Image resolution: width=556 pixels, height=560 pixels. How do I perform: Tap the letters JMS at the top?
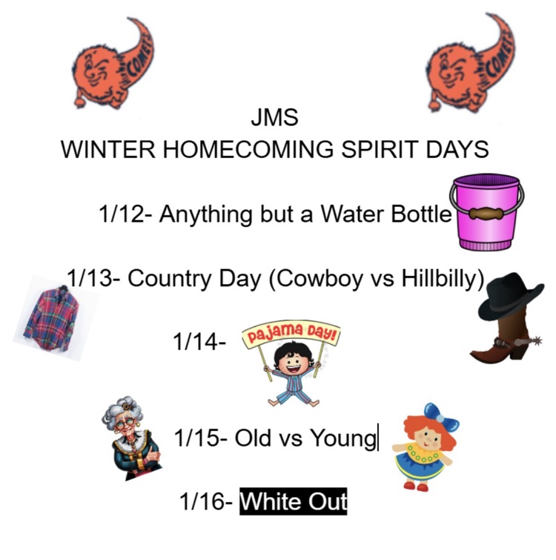(275, 119)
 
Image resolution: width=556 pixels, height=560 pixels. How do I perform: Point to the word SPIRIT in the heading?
(380, 150)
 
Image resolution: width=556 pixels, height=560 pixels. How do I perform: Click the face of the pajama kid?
(290, 365)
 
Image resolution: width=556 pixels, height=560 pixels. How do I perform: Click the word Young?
(343, 438)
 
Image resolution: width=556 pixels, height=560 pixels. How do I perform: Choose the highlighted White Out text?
(294, 502)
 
